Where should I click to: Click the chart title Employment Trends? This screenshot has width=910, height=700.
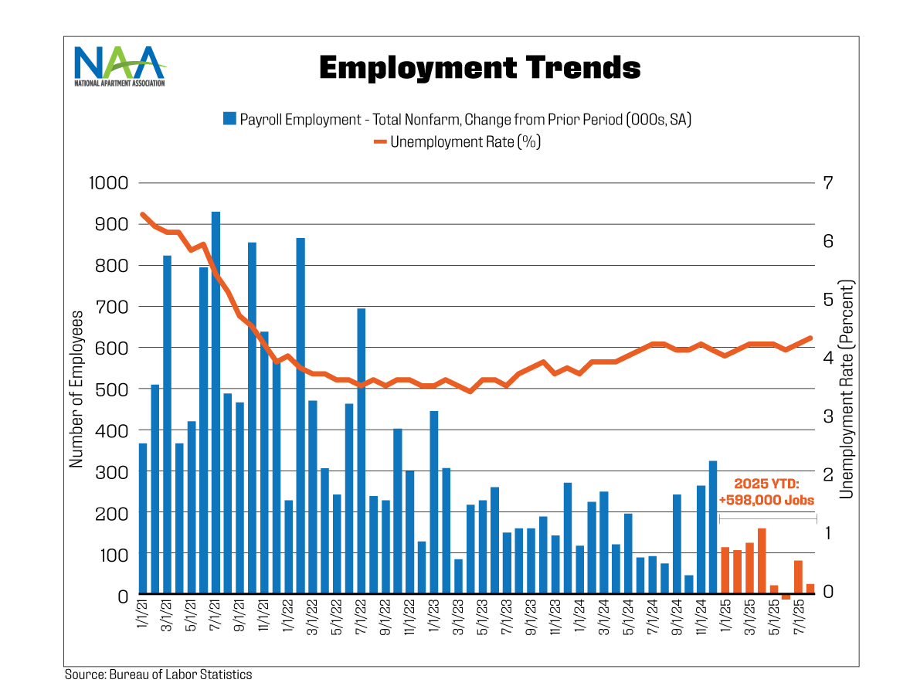[x=480, y=68]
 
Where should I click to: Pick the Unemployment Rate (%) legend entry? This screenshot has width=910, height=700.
[x=457, y=142]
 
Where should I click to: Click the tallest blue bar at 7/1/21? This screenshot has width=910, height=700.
[x=216, y=402]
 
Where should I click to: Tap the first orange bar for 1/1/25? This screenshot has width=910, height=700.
[x=725, y=571]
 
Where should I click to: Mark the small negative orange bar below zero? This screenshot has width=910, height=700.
[x=786, y=597]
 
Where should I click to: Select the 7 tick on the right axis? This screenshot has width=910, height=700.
[x=828, y=184]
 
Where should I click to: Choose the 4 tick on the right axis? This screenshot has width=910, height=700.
[x=828, y=358]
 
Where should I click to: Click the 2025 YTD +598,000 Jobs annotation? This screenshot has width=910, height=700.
[x=766, y=491]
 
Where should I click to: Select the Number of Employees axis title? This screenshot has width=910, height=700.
[x=76, y=389]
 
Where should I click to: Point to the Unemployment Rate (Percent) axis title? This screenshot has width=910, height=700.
[x=847, y=389]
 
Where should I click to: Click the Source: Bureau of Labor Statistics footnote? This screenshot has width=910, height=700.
[x=158, y=675]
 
